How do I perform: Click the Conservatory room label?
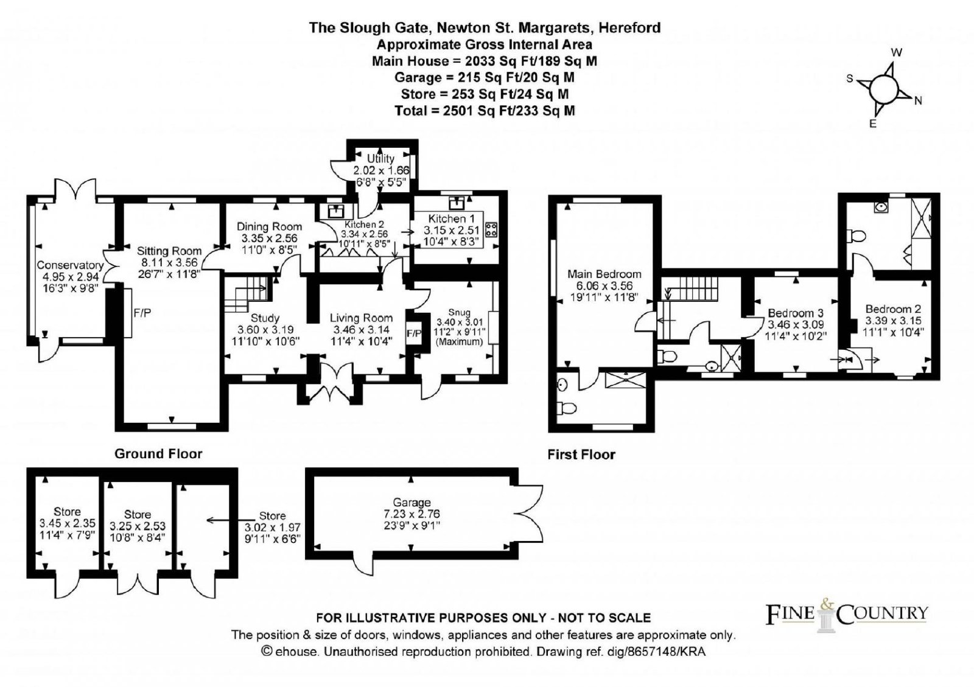[70, 265]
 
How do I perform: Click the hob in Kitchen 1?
[491, 230]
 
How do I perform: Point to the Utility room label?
[380, 159]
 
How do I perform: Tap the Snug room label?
[459, 312]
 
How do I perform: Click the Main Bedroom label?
[604, 274]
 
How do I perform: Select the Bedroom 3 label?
[791, 313]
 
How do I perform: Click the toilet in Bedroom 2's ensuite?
[857, 235]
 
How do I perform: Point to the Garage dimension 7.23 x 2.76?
[412, 514]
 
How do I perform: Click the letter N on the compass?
[918, 101]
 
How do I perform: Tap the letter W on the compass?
[896, 53]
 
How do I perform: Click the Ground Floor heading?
[158, 453]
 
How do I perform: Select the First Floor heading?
[581, 454]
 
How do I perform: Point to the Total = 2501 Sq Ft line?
[484, 110]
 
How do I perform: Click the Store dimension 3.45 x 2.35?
[67, 523]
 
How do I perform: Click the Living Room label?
[361, 318]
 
